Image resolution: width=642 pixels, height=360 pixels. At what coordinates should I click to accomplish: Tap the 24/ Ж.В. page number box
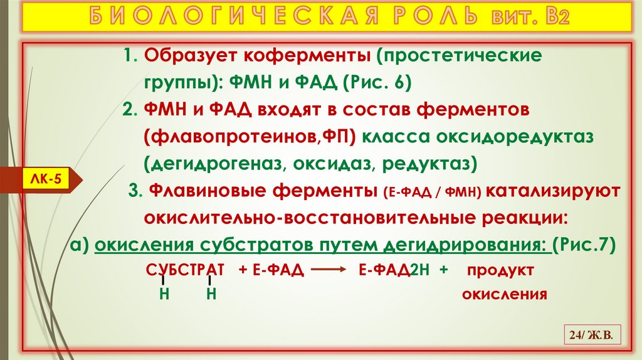[592, 337]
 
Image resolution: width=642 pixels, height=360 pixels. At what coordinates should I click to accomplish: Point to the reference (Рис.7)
[584, 244]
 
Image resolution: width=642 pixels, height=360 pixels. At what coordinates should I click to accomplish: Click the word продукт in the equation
[500, 270]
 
